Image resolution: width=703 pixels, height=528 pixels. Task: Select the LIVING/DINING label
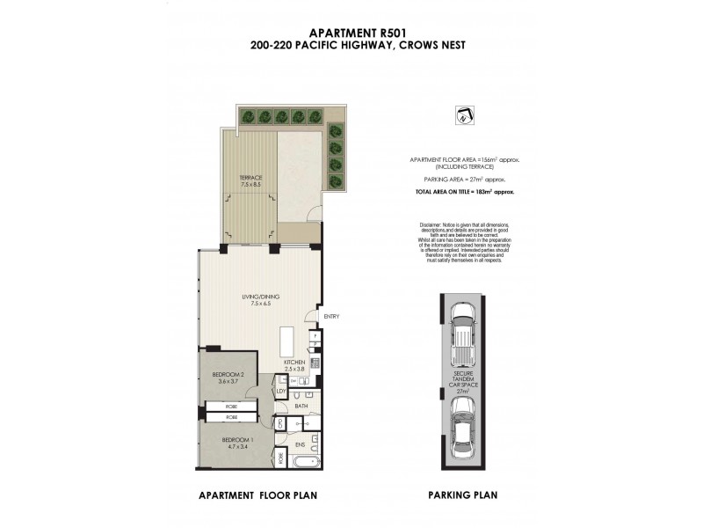262,299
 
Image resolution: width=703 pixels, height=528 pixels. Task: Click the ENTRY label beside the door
331,317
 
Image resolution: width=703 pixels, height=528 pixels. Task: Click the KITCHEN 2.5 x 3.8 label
293,365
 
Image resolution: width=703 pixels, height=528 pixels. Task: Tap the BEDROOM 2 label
228,378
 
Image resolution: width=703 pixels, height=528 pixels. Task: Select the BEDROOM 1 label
236,441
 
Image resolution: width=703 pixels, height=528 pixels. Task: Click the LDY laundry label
281,390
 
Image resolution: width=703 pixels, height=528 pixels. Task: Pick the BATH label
301,406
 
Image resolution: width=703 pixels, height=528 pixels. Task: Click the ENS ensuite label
300,445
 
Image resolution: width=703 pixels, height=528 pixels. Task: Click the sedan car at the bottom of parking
460,426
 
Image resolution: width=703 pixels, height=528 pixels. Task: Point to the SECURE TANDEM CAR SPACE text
460,384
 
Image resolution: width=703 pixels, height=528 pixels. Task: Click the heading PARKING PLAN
460,495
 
